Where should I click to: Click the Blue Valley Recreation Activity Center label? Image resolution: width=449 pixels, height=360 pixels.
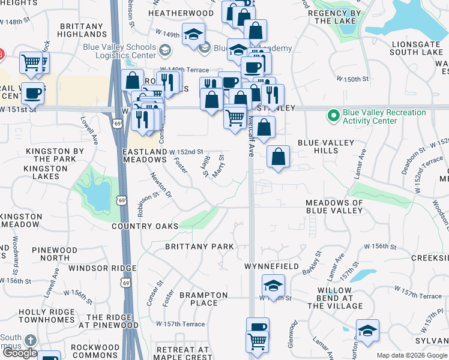[384, 116]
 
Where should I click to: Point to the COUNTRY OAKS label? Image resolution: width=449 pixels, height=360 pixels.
[145, 226]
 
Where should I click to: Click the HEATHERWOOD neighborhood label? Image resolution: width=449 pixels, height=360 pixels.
[181, 13]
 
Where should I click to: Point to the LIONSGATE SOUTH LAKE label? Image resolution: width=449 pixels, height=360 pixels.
[416, 48]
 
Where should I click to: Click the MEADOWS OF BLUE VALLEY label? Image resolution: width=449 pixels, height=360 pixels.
[334, 206]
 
